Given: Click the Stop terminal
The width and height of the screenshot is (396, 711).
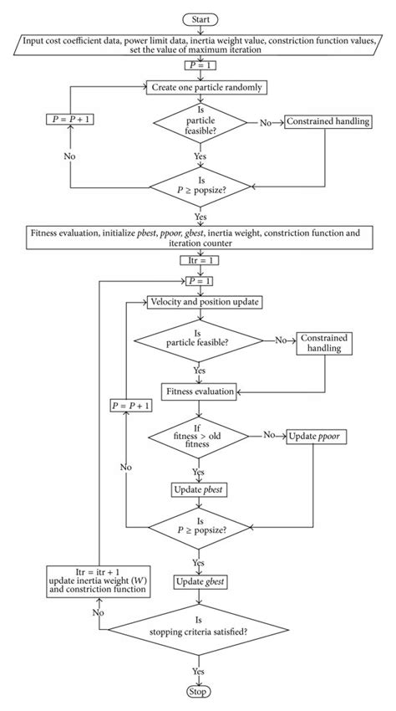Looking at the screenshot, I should click(198, 693).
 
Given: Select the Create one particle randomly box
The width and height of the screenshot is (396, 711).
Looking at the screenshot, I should click(199, 85).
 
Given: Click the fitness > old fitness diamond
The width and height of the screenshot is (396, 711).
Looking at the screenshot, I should click(198, 436).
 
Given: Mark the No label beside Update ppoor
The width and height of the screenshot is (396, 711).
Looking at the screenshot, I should click(269, 435).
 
